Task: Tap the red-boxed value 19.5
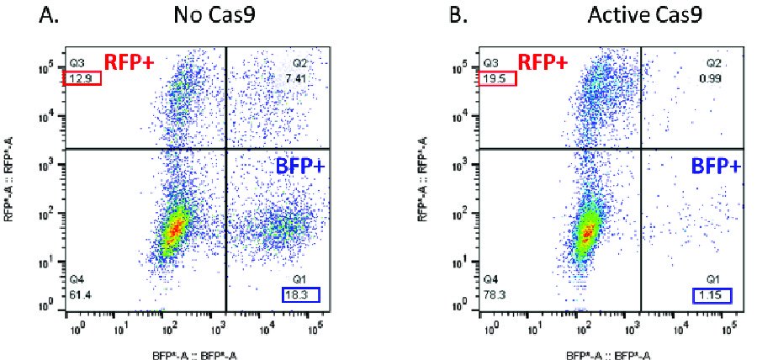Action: [x=496, y=78]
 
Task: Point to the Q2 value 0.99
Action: [x=713, y=78]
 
